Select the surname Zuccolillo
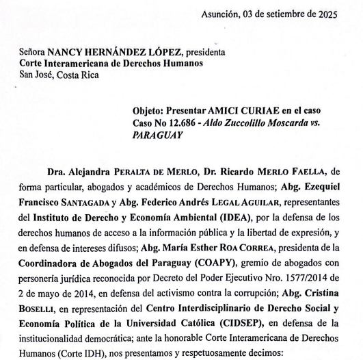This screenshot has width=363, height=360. click(x=260, y=123)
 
